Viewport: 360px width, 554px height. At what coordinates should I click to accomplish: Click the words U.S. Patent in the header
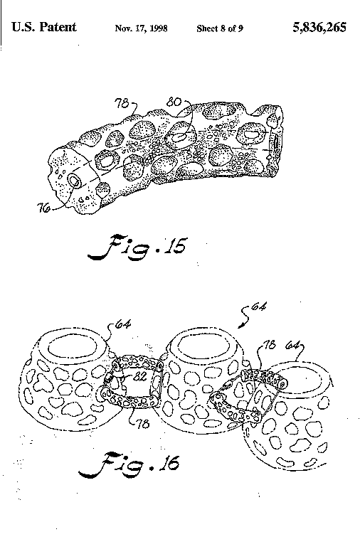pos(44,27)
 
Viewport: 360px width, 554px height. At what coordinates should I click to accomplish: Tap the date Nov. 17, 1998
pos(141,28)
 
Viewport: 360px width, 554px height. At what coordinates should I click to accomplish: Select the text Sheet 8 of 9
pos(220,28)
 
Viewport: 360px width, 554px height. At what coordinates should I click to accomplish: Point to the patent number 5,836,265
pos(319,27)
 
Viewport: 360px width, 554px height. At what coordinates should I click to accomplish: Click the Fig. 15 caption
pos(138,247)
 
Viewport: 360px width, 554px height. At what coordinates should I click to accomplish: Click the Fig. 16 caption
pos(129,464)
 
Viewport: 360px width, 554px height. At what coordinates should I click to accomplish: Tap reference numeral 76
pos(44,209)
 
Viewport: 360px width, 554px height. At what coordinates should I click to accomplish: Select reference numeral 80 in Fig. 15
pos(174,102)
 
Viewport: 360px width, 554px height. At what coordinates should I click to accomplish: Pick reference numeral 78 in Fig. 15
pos(122,104)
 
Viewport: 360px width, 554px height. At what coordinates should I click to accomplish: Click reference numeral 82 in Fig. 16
pos(139,376)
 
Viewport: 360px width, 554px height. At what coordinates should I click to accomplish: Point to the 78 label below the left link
pos(142,424)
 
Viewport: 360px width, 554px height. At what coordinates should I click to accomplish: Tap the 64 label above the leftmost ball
pos(123,324)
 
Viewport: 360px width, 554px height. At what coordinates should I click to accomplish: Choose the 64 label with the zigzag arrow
pos(258,307)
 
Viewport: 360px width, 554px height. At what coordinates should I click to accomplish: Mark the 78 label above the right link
pos(270,345)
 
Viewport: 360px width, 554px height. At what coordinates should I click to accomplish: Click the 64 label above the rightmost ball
pos(292,345)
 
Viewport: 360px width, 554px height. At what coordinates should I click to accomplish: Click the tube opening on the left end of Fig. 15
pos(75,181)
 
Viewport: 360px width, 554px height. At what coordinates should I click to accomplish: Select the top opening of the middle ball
pos(205,345)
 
